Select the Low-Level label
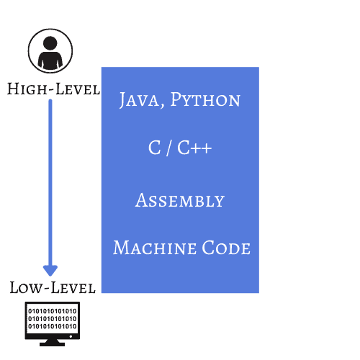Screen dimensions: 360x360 tap(53, 287)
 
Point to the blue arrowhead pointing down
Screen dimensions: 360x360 tap(50, 270)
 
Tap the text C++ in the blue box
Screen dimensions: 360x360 tap(194, 149)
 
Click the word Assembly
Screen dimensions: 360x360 tap(180, 199)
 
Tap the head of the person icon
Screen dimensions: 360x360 tap(50, 43)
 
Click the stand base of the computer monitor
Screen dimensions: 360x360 tap(53, 343)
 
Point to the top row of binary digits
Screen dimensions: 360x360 tap(53, 310)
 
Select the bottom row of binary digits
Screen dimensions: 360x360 tap(53, 326)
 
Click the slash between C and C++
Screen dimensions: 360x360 tap(167, 149)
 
